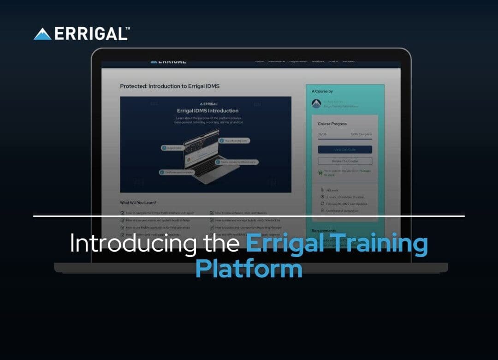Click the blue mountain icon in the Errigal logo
42,34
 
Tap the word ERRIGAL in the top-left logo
90,34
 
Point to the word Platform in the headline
249,268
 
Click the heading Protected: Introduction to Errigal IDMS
170,86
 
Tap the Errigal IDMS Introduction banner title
207,111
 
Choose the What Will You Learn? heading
138,203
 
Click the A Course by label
322,91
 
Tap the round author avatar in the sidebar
316,104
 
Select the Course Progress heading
332,124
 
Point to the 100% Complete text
361,134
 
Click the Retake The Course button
345,161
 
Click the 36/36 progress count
322,134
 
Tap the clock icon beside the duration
322,197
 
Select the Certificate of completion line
342,210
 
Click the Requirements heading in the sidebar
324,231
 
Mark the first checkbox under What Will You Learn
122,213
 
